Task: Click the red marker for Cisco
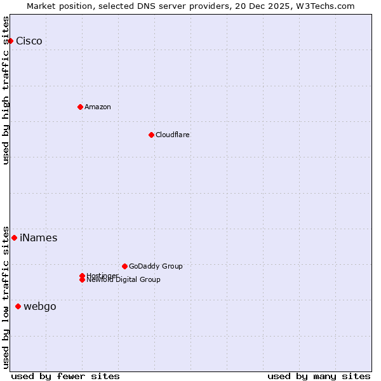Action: (10, 41)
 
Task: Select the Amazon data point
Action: (80, 107)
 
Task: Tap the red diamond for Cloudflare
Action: (151, 135)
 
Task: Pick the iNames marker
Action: (14, 238)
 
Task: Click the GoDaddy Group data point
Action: (124, 266)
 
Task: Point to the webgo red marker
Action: (18, 307)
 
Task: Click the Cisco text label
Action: (29, 41)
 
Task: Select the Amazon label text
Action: (98, 107)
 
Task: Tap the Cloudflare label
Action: (173, 135)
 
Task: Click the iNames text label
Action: (39, 238)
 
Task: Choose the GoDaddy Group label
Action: (156, 266)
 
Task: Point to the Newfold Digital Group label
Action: (124, 280)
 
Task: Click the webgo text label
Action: (40, 307)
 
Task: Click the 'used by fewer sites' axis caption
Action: (65, 376)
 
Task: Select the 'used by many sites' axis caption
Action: (319, 376)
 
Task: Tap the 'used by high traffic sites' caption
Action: (6, 90)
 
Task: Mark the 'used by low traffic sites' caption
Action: (6, 297)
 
